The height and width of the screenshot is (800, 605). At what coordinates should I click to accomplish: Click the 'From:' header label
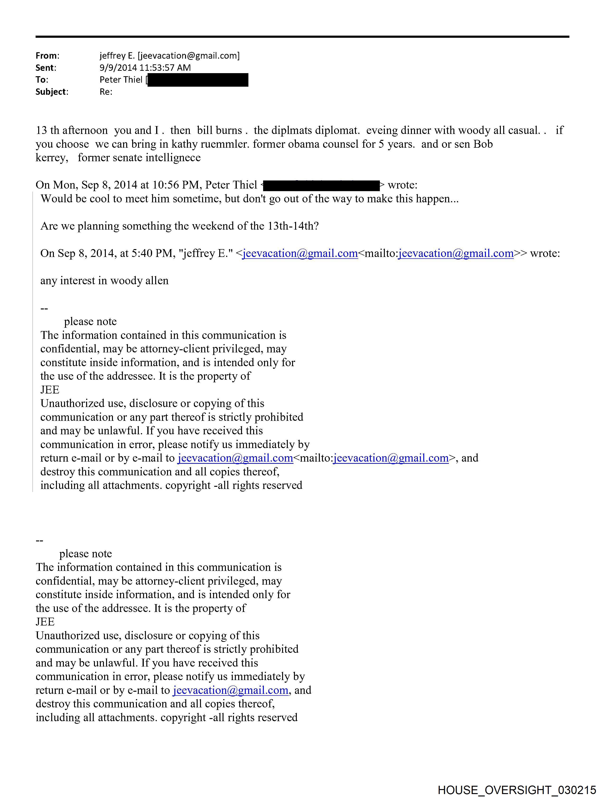coord(47,56)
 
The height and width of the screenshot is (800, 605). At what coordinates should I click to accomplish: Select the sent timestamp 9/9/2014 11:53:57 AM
coord(145,68)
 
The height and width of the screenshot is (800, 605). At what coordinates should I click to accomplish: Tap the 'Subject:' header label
coord(52,92)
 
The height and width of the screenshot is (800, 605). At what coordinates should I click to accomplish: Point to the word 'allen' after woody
coord(157,281)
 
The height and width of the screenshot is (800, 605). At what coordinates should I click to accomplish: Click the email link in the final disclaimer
coord(231,690)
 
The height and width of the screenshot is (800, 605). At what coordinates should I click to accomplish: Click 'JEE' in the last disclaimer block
coord(45,622)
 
